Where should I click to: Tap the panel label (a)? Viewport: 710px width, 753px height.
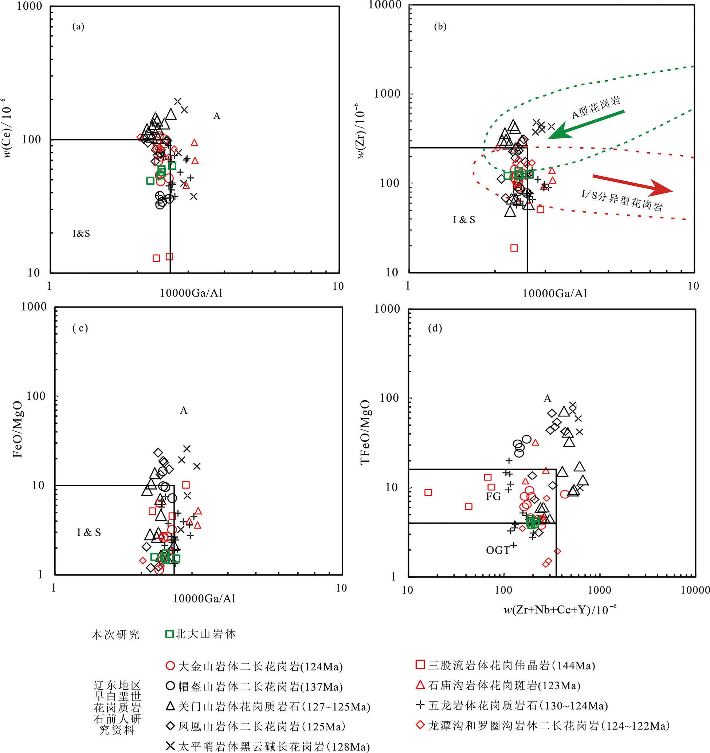(x=78, y=27)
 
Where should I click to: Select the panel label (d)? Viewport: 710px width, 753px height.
(x=435, y=328)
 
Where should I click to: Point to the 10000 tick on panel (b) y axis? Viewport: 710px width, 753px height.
(x=385, y=5)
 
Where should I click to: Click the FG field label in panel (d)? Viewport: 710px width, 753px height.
(x=493, y=497)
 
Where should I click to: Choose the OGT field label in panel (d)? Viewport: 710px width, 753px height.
(x=498, y=550)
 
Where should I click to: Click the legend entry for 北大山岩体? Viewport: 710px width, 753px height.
(x=201, y=634)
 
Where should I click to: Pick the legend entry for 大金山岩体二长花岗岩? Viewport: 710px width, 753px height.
(x=255, y=667)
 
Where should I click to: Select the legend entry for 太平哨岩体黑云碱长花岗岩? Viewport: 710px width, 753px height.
(x=268, y=746)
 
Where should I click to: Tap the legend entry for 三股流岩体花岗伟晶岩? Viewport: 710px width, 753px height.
(x=506, y=666)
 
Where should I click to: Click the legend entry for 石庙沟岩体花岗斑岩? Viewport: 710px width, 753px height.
(x=498, y=686)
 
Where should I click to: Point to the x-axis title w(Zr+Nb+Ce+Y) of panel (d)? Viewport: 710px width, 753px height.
(x=560, y=610)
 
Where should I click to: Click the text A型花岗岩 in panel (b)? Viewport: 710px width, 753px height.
(x=596, y=108)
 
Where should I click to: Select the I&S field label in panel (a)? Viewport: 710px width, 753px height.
(x=81, y=233)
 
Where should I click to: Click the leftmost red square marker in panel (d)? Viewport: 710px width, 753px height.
(x=428, y=493)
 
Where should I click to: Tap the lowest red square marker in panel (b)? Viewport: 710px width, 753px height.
(x=514, y=248)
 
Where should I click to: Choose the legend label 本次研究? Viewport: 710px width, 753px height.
(x=115, y=635)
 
